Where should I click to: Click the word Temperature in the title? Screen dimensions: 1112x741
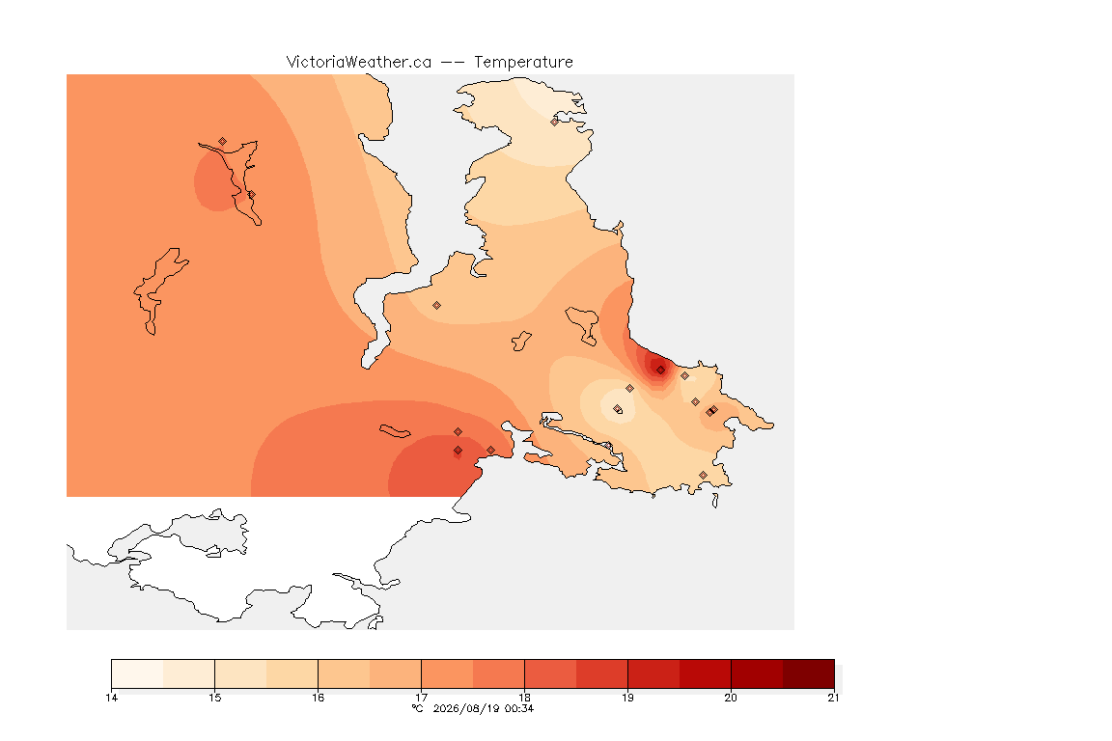pyautogui.click(x=523, y=63)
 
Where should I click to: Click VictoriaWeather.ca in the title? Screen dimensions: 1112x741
pyautogui.click(x=359, y=63)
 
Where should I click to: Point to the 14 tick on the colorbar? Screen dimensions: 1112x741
pyautogui.click(x=111, y=698)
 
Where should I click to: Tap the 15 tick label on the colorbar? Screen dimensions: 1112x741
pyautogui.click(x=215, y=698)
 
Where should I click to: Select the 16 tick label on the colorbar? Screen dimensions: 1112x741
pyautogui.click(x=318, y=698)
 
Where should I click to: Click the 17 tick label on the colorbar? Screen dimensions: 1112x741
pyautogui.click(x=421, y=698)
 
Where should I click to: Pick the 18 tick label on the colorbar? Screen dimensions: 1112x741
pyautogui.click(x=525, y=698)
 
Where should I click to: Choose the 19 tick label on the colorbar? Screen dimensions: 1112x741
pyautogui.click(x=627, y=698)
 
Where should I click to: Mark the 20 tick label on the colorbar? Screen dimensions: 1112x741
pyautogui.click(x=731, y=698)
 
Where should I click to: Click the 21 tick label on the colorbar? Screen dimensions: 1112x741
pyautogui.click(x=833, y=698)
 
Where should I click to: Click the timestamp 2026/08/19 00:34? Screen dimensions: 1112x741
pyautogui.click(x=484, y=708)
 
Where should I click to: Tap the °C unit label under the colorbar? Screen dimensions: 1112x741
pyautogui.click(x=418, y=708)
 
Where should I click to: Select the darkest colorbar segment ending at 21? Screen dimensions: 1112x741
pyautogui.click(x=809, y=673)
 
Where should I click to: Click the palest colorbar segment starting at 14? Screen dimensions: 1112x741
pyautogui.click(x=138, y=673)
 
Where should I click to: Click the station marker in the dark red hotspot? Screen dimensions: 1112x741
pyautogui.click(x=661, y=370)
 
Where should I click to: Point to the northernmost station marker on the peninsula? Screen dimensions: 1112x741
pyautogui.click(x=555, y=122)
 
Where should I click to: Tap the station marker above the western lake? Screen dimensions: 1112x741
pyautogui.click(x=223, y=142)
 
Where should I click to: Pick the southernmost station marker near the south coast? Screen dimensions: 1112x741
pyautogui.click(x=703, y=475)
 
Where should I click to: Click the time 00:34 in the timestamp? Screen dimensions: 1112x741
pyautogui.click(x=519, y=708)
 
